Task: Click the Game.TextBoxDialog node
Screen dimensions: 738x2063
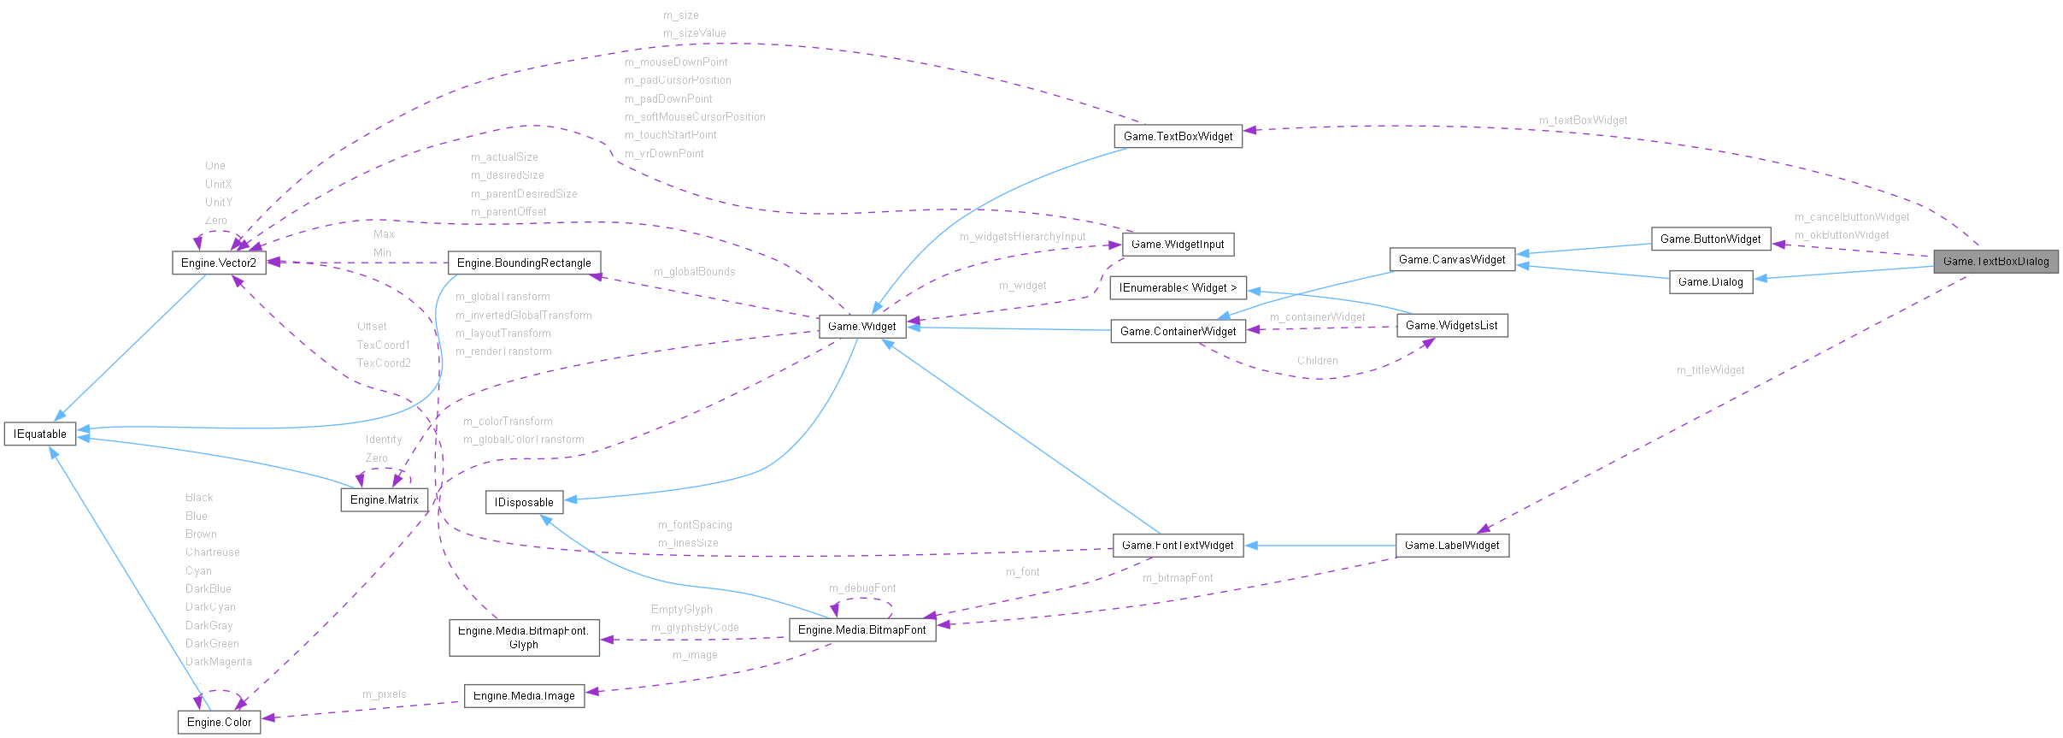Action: tap(1995, 262)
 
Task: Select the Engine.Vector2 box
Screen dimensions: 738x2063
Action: tap(219, 263)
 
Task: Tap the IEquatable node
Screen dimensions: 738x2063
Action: tap(40, 434)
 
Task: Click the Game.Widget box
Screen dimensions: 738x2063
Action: tap(862, 327)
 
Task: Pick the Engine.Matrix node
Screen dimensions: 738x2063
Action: tap(384, 500)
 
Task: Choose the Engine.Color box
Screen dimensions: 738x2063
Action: tap(219, 723)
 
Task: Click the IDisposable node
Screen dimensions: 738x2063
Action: tap(524, 503)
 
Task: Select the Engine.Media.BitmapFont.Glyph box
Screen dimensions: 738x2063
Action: tap(524, 638)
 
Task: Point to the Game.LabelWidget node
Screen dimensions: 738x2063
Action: tap(1452, 546)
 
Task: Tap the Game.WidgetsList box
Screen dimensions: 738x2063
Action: tap(1451, 326)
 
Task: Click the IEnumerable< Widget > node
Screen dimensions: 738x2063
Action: tap(1178, 288)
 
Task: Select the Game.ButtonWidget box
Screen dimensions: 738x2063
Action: tap(1710, 239)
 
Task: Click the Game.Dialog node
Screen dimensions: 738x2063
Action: tap(1710, 282)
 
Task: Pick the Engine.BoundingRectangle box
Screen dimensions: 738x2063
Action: tap(524, 263)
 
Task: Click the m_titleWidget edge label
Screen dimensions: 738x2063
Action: tap(1710, 370)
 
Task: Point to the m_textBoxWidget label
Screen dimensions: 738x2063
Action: tap(1583, 121)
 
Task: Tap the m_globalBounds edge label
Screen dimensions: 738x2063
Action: tap(694, 272)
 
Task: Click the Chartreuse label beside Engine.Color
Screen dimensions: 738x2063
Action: tap(212, 552)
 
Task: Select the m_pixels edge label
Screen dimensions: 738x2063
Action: tap(384, 694)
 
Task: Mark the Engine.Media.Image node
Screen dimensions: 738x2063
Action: tap(524, 696)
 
